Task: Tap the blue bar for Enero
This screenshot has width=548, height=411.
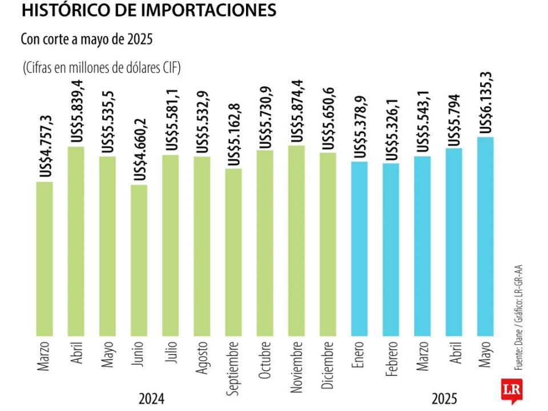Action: (359, 248)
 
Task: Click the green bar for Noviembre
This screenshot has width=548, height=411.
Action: (296, 240)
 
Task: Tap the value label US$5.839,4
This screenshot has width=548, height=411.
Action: (76, 111)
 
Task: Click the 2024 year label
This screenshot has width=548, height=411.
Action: (152, 398)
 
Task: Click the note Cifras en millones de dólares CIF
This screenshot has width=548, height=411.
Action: (102, 68)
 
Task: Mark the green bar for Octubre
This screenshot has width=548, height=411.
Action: (265, 243)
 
